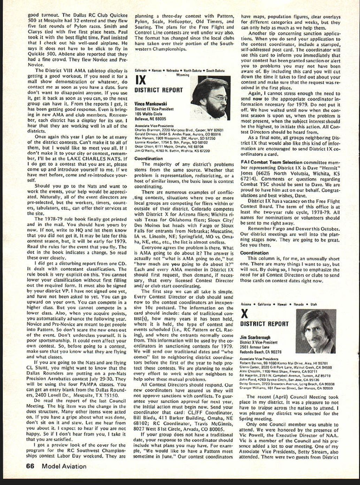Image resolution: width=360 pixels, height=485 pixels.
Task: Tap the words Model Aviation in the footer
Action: (64, 466)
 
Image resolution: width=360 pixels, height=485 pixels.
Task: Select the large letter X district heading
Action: (245, 314)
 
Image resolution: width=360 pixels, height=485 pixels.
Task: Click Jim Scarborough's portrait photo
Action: (316, 331)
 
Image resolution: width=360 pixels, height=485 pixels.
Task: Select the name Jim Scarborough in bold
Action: (255, 337)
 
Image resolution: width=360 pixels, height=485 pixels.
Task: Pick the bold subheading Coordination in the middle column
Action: (148, 158)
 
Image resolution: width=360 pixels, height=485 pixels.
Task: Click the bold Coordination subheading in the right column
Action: (254, 253)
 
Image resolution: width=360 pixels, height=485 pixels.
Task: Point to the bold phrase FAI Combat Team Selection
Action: (271, 162)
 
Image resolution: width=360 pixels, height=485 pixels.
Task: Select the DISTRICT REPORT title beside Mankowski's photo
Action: (159, 90)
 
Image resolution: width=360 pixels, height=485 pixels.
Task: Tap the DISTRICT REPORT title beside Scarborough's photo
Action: (265, 324)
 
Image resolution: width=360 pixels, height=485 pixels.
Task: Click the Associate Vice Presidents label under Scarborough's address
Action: (259, 358)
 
